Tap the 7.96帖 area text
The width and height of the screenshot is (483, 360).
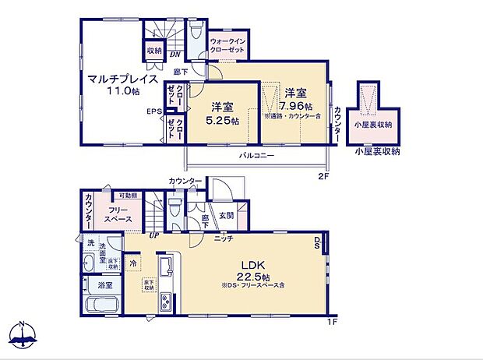(298, 106)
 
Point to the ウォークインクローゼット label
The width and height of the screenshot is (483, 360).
(228, 45)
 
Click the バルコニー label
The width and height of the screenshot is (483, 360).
(256, 156)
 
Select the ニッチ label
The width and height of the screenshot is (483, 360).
(224, 238)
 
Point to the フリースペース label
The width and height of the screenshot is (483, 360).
(118, 215)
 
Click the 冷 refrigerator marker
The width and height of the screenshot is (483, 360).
(134, 263)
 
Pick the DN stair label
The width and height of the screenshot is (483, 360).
(175, 55)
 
